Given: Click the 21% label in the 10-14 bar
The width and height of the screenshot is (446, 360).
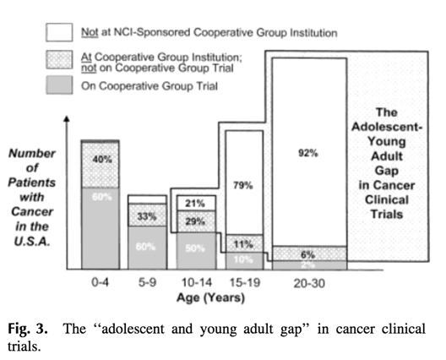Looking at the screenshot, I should coord(195,204).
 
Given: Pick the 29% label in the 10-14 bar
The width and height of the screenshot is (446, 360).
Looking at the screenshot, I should coord(195,221).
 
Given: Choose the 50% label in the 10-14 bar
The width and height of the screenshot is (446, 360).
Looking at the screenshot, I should coord(195,249).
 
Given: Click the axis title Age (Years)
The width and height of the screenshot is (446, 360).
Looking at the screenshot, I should coord(210,297).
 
